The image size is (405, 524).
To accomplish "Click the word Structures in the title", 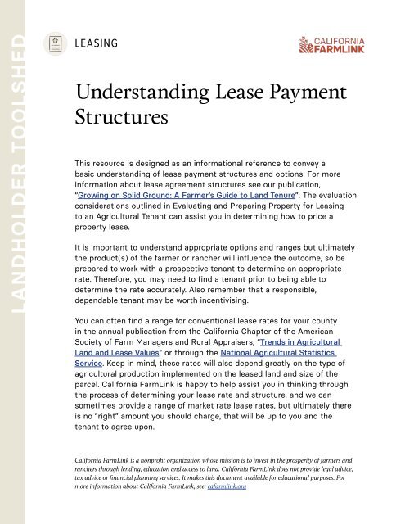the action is (121, 116).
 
